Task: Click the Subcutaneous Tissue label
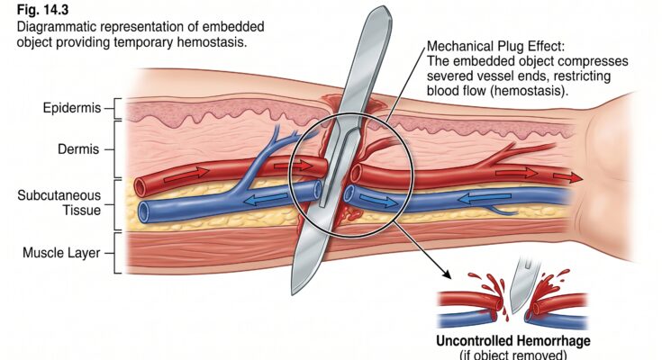click(61, 202)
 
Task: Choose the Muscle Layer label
click(61, 253)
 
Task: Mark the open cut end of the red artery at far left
click(141, 186)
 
